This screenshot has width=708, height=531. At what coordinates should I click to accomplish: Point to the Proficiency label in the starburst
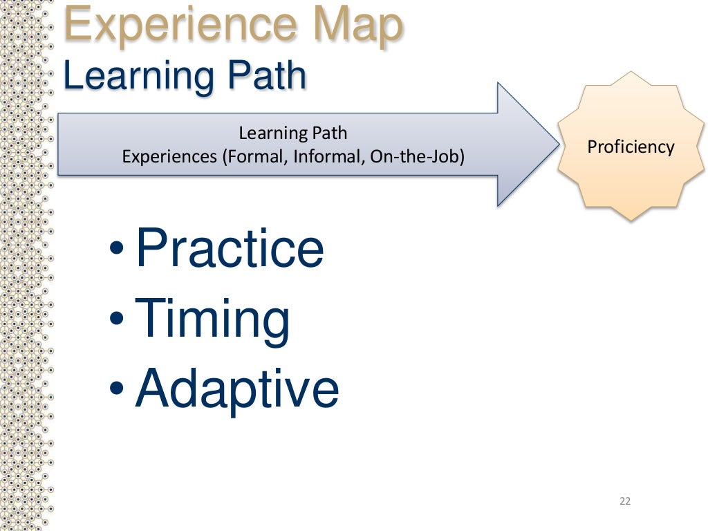pyautogui.click(x=630, y=147)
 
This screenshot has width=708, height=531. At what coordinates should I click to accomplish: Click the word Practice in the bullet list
pyautogui.click(x=230, y=249)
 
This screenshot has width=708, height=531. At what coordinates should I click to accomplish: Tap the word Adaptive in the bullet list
pyautogui.click(x=237, y=389)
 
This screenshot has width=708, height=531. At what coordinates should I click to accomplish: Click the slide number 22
pyautogui.click(x=625, y=501)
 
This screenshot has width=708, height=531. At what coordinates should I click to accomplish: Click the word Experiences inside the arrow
pyautogui.click(x=169, y=157)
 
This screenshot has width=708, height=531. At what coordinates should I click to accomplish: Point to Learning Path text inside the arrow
pyautogui.click(x=293, y=133)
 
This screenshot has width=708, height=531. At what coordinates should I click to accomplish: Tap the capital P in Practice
pyautogui.click(x=151, y=249)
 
